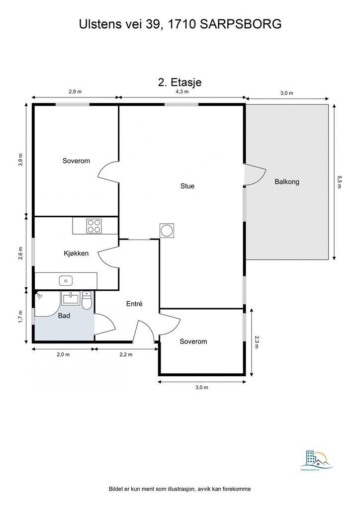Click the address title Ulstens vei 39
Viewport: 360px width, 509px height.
click(180, 23)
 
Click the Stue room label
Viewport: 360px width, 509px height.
click(187, 186)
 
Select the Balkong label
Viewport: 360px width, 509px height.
click(287, 182)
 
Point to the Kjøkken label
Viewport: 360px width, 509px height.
click(76, 254)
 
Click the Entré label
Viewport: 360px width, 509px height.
click(134, 303)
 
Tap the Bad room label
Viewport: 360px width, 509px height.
click(64, 316)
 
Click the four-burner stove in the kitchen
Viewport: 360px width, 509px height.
click(94, 226)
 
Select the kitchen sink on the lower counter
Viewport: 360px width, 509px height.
click(66, 281)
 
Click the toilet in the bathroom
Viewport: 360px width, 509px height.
click(87, 300)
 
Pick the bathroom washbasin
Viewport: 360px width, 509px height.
click(71, 298)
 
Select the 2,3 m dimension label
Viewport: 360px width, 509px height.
click(257, 342)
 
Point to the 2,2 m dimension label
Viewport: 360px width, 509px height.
click(126, 354)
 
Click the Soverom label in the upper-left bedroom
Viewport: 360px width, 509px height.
click(76, 161)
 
